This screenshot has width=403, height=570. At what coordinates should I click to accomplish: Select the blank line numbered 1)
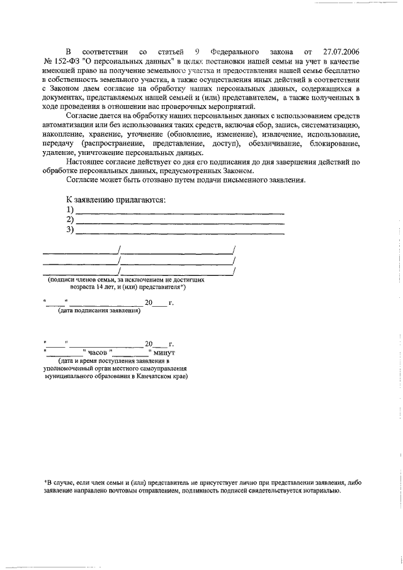pos(179,210)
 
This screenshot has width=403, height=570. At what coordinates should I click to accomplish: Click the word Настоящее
pos(90,162)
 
